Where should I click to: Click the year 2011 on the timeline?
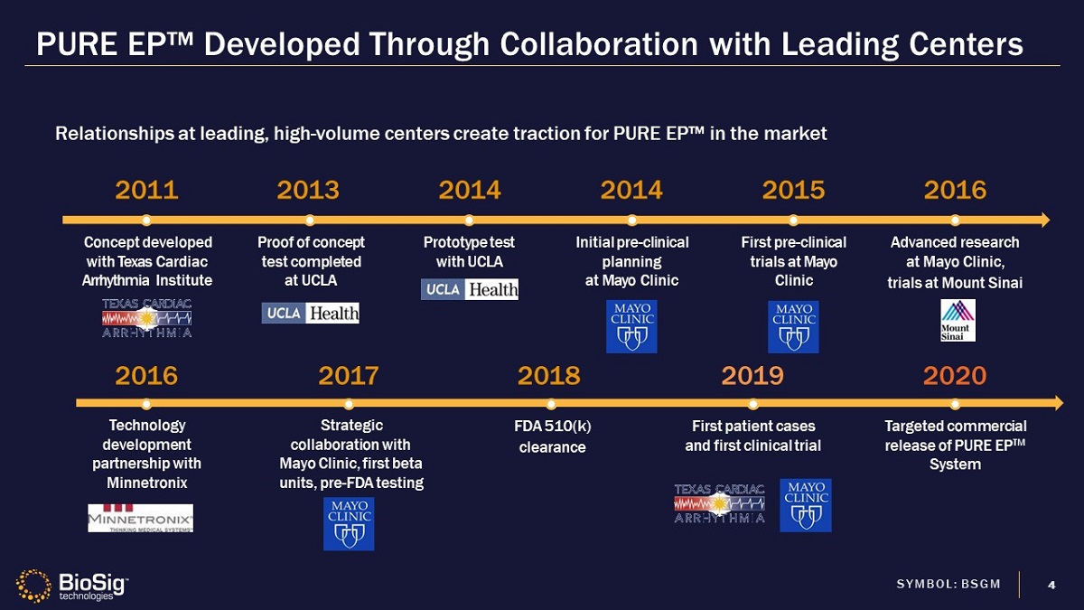(x=146, y=190)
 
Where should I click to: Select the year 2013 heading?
(x=308, y=190)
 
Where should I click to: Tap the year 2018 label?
(x=548, y=375)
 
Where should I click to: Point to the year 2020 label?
(x=955, y=375)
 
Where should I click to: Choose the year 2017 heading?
(x=349, y=375)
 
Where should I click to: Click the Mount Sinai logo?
(x=958, y=320)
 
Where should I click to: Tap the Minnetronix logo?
(x=140, y=518)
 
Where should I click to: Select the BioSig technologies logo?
(x=73, y=586)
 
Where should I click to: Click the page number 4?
(x=1051, y=584)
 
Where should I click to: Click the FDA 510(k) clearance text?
(x=551, y=436)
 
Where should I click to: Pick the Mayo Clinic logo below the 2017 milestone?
(x=349, y=524)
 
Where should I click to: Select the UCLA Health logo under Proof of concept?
(x=311, y=313)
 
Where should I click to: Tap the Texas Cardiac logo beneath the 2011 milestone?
(x=146, y=317)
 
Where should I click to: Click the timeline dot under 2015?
(x=793, y=220)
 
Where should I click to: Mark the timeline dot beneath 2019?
(x=752, y=403)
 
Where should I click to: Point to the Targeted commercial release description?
(x=955, y=445)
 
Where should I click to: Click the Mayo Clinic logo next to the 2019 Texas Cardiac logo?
(x=807, y=504)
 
